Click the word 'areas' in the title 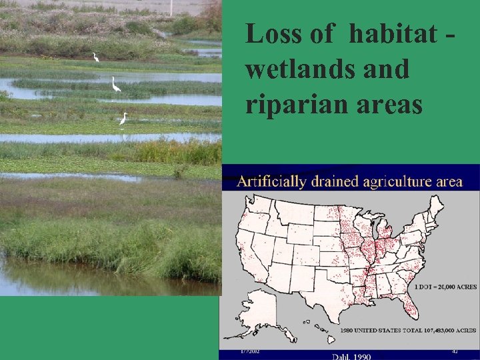(x=389, y=105)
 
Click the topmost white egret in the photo (x=95, y=57)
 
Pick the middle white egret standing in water (x=115, y=85)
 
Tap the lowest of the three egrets (x=123, y=119)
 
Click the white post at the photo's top (x=171, y=7)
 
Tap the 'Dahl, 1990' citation (x=352, y=357)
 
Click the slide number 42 (x=455, y=351)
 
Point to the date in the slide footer (x=250, y=351)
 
